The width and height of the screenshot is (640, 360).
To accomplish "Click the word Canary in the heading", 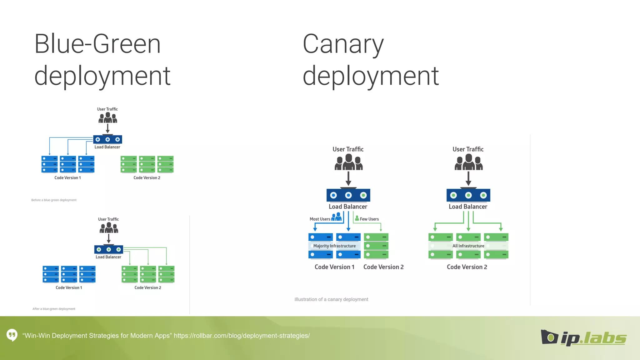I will [343, 45].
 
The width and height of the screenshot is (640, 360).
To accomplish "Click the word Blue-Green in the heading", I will [97, 44].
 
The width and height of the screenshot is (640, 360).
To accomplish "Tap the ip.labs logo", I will [584, 338].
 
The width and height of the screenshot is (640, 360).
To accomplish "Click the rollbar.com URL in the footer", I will [242, 336].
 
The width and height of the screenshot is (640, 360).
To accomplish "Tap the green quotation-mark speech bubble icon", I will [12, 335].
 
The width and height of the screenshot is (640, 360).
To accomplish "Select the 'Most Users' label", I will [320, 219].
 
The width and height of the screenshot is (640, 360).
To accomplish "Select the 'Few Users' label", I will [369, 219].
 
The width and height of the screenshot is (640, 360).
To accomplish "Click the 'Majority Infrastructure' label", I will [334, 246].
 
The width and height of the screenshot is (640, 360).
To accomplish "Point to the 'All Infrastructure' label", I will [468, 246].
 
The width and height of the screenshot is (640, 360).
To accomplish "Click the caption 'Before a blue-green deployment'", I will [54, 200].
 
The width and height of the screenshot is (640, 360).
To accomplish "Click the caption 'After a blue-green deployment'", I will [54, 309].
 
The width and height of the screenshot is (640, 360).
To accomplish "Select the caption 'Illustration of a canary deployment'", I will [331, 299].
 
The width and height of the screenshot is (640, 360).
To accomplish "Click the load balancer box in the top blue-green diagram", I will [107, 139].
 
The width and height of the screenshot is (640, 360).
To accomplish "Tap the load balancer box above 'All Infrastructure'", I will [468, 195].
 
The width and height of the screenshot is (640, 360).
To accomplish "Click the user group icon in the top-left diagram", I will [108, 118].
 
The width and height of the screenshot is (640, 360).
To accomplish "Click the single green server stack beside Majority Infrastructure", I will [376, 246].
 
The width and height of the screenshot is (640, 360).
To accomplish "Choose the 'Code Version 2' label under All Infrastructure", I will [467, 267].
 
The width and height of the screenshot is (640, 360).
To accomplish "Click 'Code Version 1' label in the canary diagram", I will [334, 267].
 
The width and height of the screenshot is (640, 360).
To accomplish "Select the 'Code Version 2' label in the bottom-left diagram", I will [148, 287].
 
